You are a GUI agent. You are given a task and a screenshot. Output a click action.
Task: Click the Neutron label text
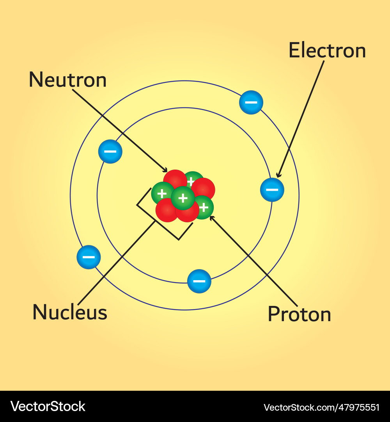pyautogui.click(x=68, y=80)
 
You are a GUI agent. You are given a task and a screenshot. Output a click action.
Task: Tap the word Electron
pyautogui.click(x=327, y=50)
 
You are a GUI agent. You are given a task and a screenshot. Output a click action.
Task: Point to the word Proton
pyautogui.click(x=300, y=314)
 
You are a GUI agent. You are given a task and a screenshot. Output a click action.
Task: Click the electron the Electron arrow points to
pyautogui.click(x=272, y=190)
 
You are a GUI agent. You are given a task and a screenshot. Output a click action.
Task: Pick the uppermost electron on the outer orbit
pyautogui.click(x=251, y=102)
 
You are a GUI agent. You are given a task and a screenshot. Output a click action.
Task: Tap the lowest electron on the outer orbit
pyautogui.click(x=89, y=257)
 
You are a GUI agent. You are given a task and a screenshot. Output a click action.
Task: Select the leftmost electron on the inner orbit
pyautogui.click(x=110, y=152)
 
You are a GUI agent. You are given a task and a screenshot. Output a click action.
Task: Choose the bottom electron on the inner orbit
pyautogui.click(x=199, y=281)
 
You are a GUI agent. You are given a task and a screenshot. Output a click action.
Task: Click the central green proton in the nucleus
pyautogui.click(x=183, y=198)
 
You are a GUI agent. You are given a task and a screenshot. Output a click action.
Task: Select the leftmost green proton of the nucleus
pyautogui.click(x=162, y=193)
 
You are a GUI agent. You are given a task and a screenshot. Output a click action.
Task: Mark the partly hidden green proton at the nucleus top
pyautogui.click(x=193, y=179)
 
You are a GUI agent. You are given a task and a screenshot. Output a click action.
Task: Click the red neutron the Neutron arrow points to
pyautogui.click(x=175, y=179)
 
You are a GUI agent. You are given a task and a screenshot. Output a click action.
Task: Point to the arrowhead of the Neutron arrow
pyautogui.click(x=165, y=170)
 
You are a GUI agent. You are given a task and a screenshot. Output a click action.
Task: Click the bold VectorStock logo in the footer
pyautogui.click(x=48, y=406)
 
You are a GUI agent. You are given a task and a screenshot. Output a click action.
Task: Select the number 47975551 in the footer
pyautogui.click(x=359, y=408)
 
